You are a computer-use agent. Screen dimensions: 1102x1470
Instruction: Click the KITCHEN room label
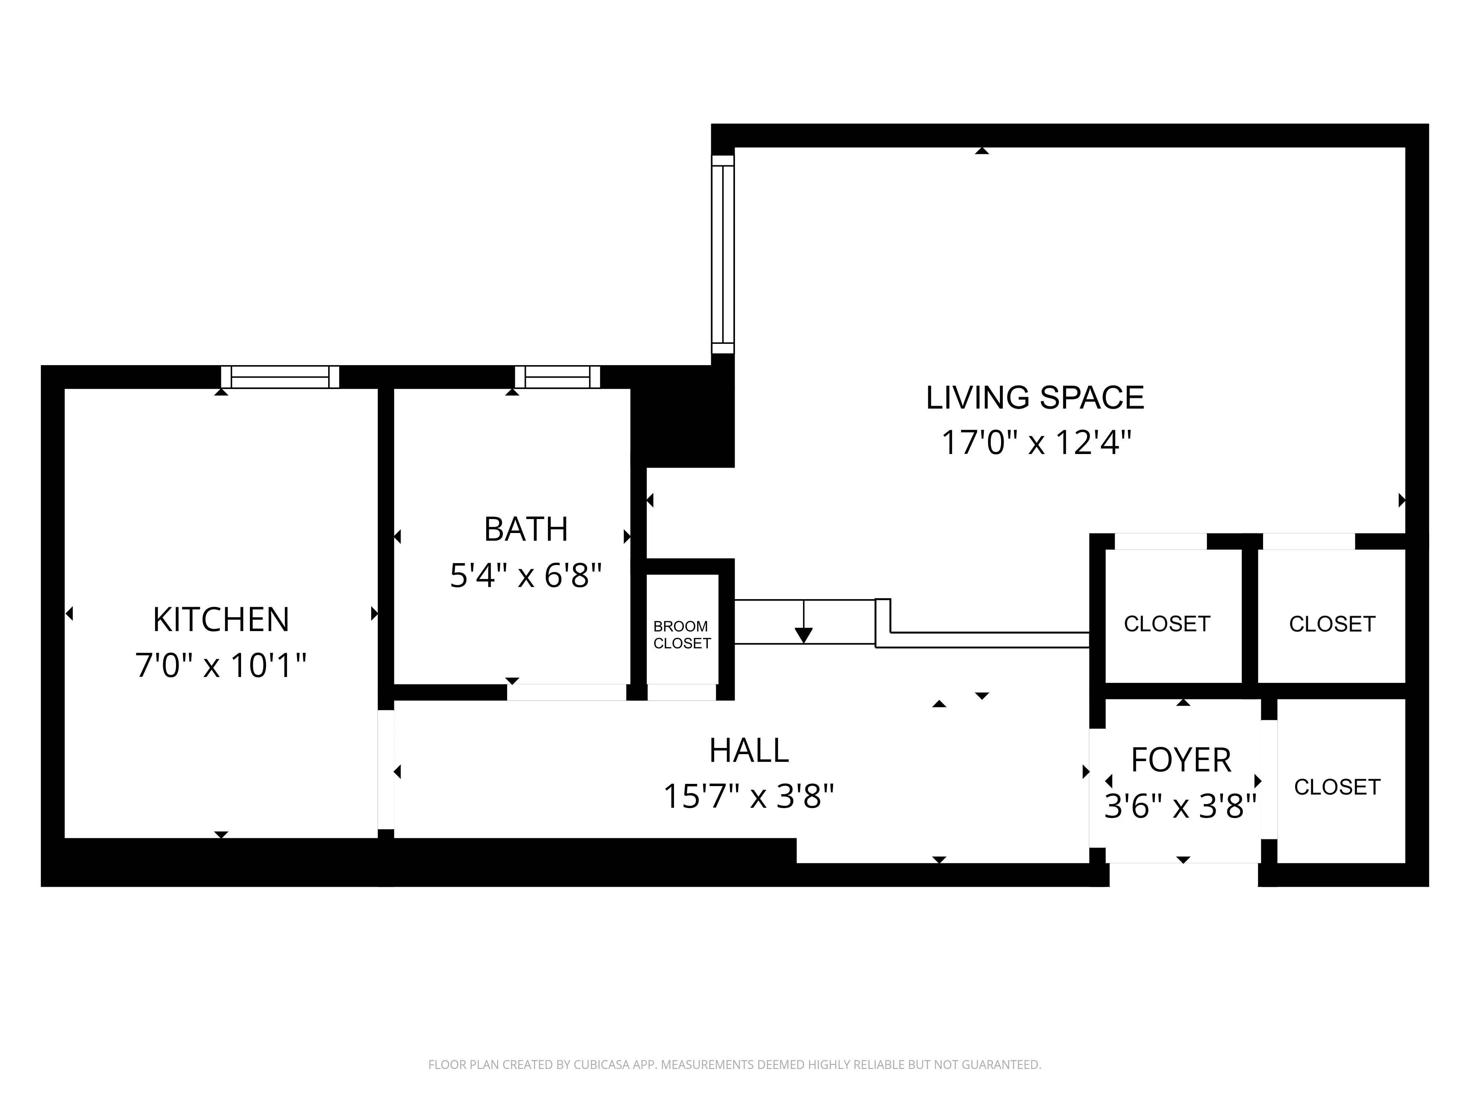click(x=221, y=620)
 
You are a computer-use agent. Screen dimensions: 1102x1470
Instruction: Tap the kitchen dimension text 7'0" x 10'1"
click(x=221, y=665)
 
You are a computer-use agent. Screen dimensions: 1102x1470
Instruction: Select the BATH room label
click(x=526, y=529)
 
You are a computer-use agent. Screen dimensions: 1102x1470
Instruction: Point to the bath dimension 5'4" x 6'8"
click(x=526, y=575)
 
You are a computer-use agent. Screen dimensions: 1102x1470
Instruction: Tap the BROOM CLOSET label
click(x=682, y=635)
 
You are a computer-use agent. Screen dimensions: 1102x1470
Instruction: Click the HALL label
click(x=749, y=750)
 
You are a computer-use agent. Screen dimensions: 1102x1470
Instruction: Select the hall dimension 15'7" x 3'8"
click(x=749, y=796)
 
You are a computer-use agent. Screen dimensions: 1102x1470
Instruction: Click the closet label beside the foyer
click(x=1337, y=787)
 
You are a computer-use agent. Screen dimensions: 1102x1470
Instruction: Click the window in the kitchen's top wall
click(x=280, y=377)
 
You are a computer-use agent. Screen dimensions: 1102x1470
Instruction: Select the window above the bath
click(x=557, y=377)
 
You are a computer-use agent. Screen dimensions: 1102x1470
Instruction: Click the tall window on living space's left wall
click(x=723, y=255)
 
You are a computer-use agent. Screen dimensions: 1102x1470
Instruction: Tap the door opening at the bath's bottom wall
click(x=567, y=692)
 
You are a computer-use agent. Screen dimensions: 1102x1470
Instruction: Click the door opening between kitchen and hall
click(x=386, y=771)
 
